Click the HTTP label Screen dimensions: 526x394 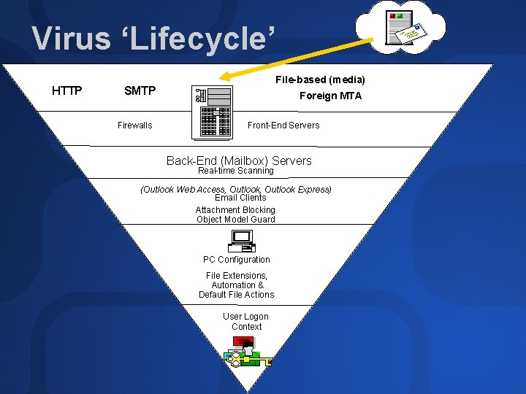point(67,91)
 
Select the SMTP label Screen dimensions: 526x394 point(140,91)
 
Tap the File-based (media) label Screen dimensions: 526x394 point(320,80)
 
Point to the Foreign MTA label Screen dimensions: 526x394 point(330,96)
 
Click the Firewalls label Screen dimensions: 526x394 point(135,125)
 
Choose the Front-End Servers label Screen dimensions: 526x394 point(283,125)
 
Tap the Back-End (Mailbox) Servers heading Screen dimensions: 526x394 point(239,161)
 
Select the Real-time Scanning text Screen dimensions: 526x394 point(235,171)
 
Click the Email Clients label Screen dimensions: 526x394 point(240,198)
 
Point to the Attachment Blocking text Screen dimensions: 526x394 point(235,209)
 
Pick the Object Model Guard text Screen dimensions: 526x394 point(235,220)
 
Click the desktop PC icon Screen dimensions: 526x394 point(241,241)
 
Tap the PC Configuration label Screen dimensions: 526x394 point(237,260)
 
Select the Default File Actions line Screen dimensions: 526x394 point(237,295)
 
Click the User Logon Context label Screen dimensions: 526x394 point(246,322)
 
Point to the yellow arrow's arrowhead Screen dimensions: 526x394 point(225,75)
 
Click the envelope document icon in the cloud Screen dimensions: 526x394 point(405,28)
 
